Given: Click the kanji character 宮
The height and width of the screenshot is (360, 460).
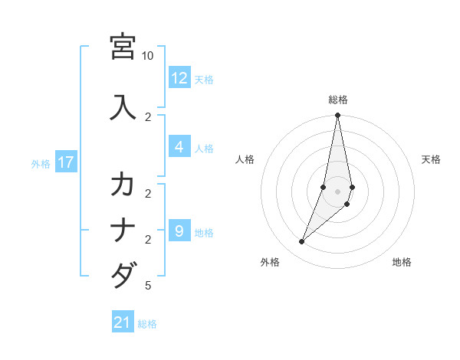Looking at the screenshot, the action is [x=123, y=47].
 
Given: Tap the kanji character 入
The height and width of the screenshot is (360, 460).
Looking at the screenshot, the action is [x=123, y=106].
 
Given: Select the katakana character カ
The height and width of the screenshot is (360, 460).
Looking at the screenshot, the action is [x=123, y=185].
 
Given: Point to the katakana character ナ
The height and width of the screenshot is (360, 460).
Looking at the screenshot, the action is [x=123, y=230].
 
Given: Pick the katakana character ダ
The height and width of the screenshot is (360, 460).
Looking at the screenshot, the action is [x=123, y=274].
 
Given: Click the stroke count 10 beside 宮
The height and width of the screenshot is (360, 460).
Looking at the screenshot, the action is [x=148, y=56].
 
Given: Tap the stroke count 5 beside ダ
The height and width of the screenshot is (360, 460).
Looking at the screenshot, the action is [x=148, y=286].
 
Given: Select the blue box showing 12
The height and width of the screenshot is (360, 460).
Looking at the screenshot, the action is [x=179, y=78].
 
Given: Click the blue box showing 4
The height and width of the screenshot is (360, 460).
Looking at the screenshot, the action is [x=179, y=147].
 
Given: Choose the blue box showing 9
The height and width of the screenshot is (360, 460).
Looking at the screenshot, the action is [x=179, y=231].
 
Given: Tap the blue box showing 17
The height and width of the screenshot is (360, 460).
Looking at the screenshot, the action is [x=65, y=162].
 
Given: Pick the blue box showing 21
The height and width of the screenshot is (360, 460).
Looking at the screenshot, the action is [x=123, y=322].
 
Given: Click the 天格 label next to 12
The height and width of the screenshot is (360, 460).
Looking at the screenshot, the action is [x=204, y=79].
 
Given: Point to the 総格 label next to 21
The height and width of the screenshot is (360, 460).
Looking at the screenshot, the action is [x=147, y=324].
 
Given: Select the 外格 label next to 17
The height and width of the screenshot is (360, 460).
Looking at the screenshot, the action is [x=40, y=163].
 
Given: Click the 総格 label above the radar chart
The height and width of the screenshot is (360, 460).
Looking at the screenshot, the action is [x=338, y=100].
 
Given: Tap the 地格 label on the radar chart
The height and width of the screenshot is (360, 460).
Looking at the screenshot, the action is [x=402, y=263].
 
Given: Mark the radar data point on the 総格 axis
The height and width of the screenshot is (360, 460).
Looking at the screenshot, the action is [x=337, y=116].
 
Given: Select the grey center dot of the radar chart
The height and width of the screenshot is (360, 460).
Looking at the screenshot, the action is [x=337, y=191].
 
